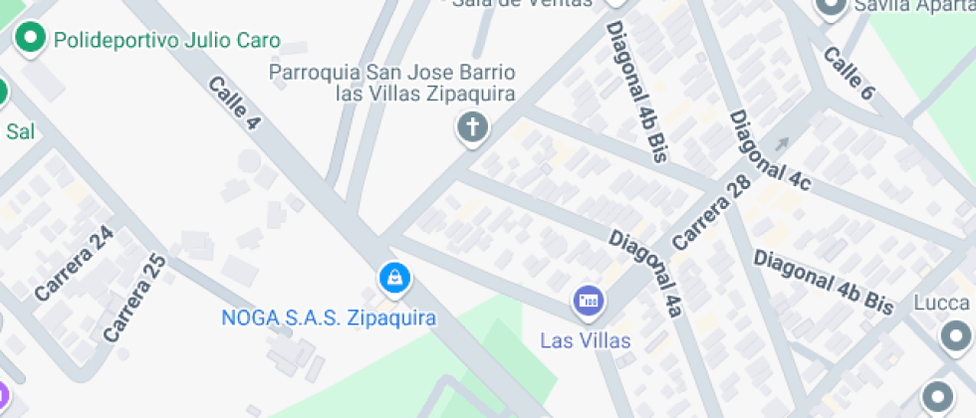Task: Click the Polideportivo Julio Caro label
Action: point(167,41)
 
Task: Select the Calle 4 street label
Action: point(235,103)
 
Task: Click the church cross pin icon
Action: point(472,127)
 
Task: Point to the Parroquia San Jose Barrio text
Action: point(392,73)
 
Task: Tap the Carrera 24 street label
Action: point(75,263)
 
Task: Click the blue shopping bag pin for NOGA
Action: point(395,278)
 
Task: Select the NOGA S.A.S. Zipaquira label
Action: point(329,318)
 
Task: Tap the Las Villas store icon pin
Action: point(588,300)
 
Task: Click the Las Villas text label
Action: point(586,340)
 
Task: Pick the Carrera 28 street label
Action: point(711,213)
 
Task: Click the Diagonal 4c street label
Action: point(770,149)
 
